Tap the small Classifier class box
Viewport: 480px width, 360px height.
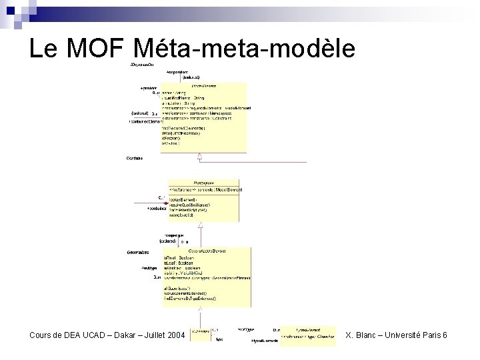pos(199,335)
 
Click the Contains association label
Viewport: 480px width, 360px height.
pos(134,158)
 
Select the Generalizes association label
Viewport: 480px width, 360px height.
pos(139,253)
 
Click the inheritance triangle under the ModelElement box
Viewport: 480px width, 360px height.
pos(199,156)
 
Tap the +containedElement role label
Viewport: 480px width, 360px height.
pos(143,122)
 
